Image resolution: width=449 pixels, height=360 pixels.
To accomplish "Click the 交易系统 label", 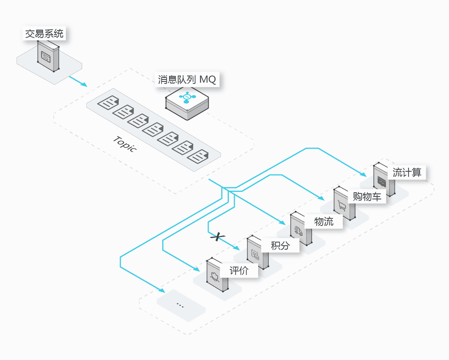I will (44, 34).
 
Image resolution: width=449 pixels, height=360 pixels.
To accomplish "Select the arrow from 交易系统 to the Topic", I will (78, 81).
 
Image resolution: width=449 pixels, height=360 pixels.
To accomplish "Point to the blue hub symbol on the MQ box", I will (186, 97).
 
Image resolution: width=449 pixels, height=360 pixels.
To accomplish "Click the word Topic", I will (125, 144).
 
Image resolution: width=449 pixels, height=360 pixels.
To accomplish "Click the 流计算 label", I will (407, 173).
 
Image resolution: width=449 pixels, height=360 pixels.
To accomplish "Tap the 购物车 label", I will (367, 197).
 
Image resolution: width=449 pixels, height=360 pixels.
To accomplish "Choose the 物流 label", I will (324, 222).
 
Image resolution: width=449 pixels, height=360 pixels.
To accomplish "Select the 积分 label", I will (280, 246).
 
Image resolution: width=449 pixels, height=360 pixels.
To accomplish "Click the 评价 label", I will (239, 271).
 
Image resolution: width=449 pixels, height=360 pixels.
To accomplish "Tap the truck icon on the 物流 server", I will (298, 231).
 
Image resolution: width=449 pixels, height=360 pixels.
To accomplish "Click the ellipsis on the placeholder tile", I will (180, 305).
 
